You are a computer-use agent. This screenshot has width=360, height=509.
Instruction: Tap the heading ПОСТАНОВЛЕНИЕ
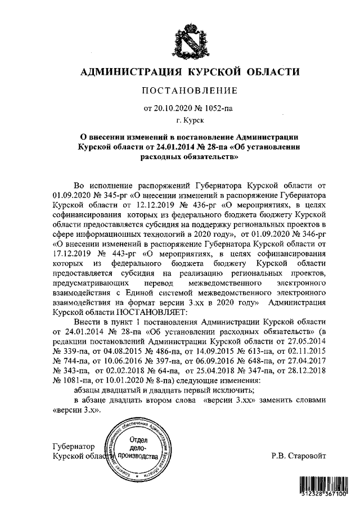189,91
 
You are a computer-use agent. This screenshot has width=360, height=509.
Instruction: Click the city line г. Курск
189,120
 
